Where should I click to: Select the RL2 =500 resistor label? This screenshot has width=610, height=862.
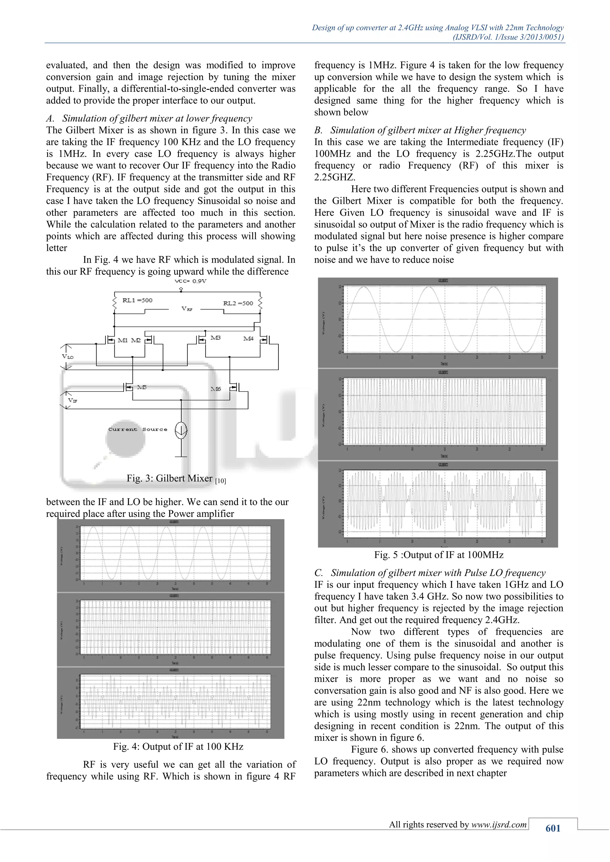[x=238, y=303]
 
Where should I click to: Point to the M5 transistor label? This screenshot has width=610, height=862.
[x=141, y=387]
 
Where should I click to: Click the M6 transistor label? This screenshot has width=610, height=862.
[x=216, y=389]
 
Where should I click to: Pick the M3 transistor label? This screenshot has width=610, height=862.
[x=215, y=338]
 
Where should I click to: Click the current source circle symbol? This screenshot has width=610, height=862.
[x=181, y=430]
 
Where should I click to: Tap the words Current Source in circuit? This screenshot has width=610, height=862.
[x=138, y=429]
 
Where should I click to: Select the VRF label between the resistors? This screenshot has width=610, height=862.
[x=187, y=309]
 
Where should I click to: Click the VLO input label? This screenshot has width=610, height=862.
[x=68, y=356]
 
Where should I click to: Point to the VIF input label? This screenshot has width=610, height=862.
[x=72, y=401]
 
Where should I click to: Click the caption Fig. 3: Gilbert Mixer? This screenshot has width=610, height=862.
[x=176, y=478]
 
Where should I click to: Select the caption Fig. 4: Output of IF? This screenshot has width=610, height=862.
[x=178, y=747]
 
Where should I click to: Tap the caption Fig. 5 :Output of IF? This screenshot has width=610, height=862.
[x=438, y=555]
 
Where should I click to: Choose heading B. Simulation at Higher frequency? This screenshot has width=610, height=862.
[x=420, y=130]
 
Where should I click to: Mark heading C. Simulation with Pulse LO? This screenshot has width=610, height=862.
[x=430, y=573]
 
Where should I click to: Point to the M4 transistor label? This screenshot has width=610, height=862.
[x=248, y=339]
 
